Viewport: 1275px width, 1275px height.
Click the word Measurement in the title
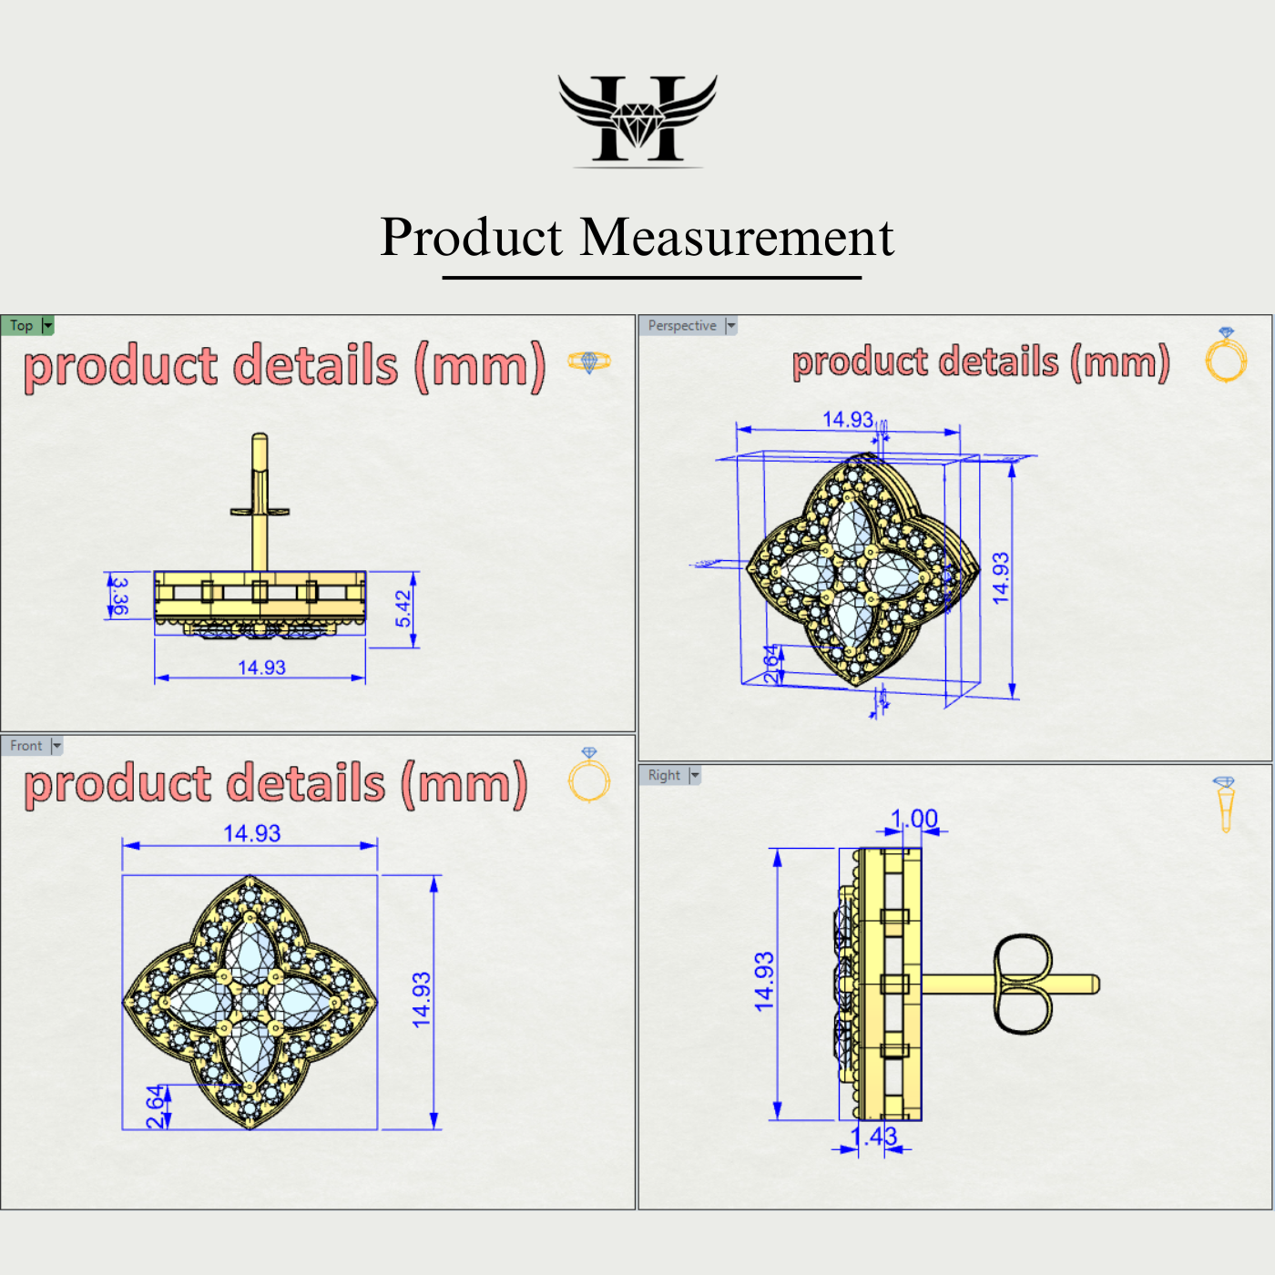pyautogui.click(x=737, y=238)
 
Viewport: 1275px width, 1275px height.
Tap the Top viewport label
pyautogui.click(x=22, y=326)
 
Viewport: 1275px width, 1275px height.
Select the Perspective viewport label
pyautogui.click(x=682, y=326)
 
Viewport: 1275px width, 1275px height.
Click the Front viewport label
pyautogui.click(x=26, y=746)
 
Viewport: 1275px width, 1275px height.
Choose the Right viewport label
pyautogui.click(x=664, y=775)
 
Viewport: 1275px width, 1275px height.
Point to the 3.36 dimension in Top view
pyautogui.click(x=119, y=596)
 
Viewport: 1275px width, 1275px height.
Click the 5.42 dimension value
pyautogui.click(x=403, y=608)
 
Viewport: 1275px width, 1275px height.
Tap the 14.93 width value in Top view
pyautogui.click(x=261, y=668)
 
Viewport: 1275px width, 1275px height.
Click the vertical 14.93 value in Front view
pyautogui.click(x=421, y=1000)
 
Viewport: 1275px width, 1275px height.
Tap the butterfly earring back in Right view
pyautogui.click(x=1023, y=984)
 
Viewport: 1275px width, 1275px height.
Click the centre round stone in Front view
pyautogui.click(x=250, y=1002)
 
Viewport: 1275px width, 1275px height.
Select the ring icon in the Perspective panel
pyautogui.click(x=1226, y=356)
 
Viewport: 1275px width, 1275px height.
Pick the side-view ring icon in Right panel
pyautogui.click(x=1225, y=804)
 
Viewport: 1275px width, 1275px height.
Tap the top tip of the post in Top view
pyautogui.click(x=260, y=438)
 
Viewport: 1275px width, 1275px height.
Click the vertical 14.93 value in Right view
pyautogui.click(x=764, y=981)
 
